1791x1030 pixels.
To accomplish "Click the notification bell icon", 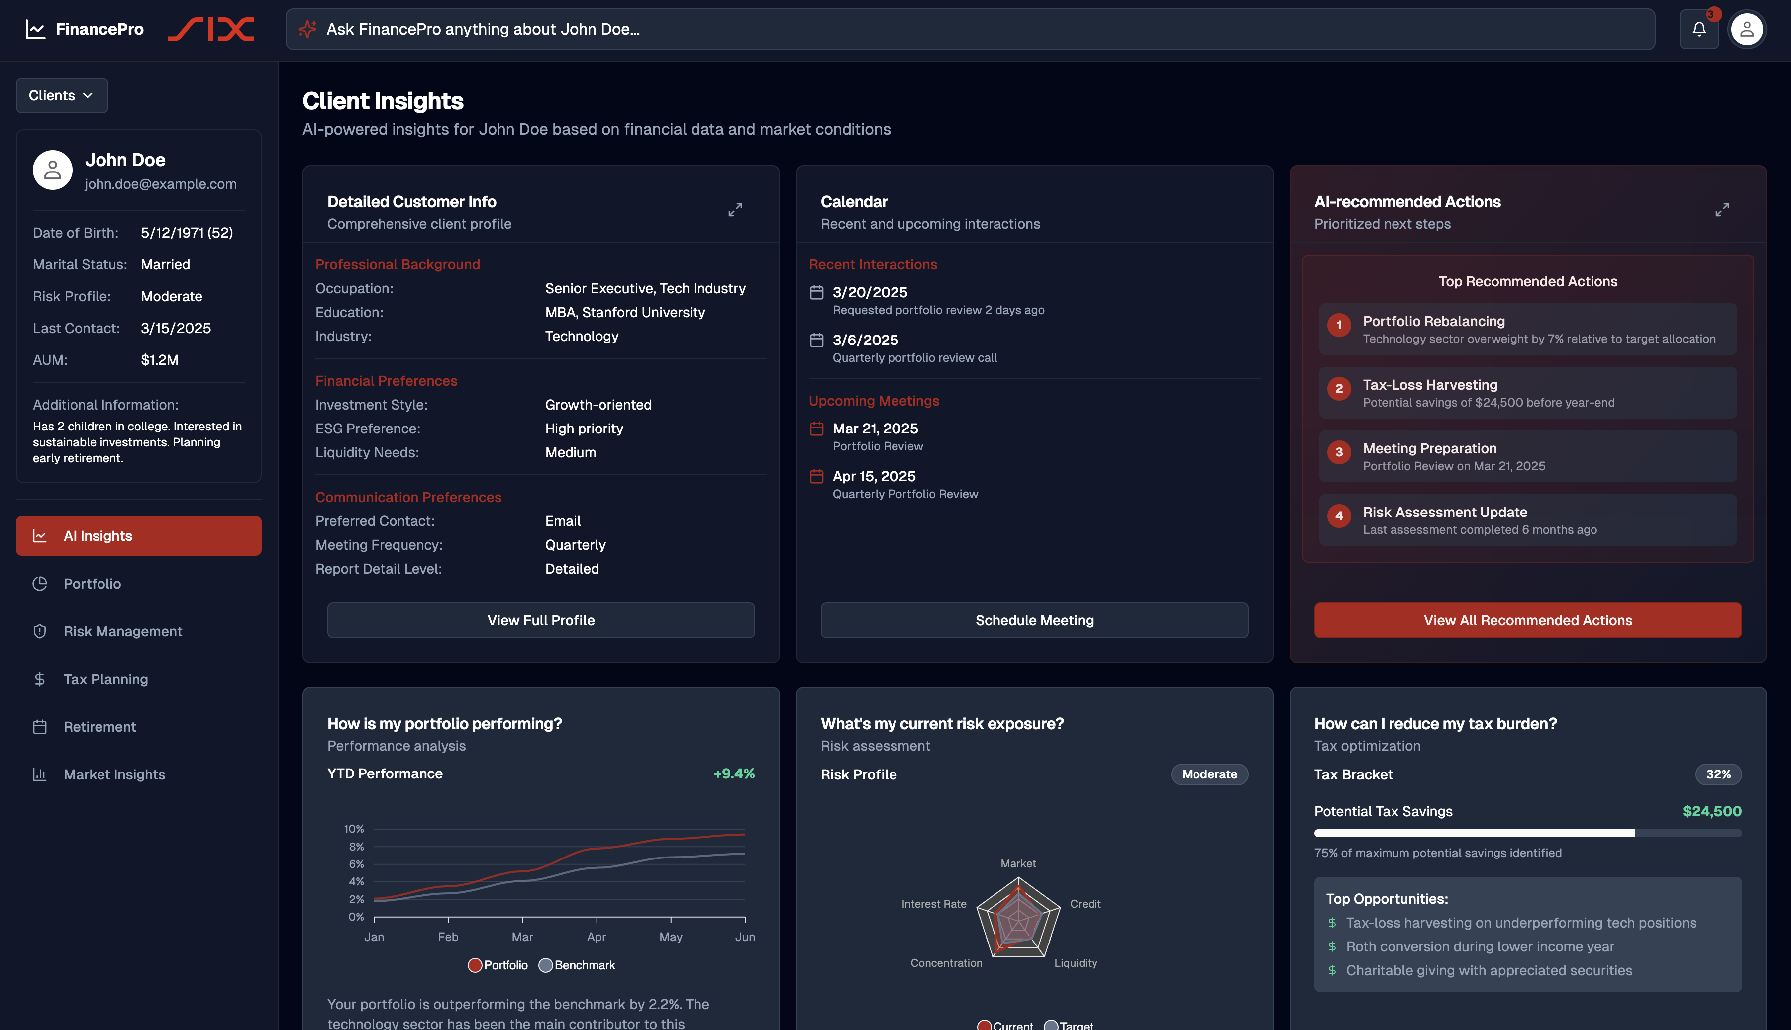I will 1698,29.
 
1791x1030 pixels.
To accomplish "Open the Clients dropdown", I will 62,95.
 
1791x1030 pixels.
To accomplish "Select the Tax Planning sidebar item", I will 105,679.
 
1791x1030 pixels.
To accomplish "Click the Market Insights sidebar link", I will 114,774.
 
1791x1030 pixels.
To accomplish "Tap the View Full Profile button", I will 540,620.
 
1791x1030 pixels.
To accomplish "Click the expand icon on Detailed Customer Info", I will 735,210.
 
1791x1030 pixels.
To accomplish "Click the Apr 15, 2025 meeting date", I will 874,476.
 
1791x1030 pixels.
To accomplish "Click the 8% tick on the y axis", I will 356,847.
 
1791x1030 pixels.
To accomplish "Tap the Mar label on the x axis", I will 522,937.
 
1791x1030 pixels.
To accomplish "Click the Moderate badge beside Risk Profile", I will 1208,774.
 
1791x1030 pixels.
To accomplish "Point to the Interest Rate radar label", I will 933,904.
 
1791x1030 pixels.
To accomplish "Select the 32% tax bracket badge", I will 1717,774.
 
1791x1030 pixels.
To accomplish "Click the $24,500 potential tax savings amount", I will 1711,811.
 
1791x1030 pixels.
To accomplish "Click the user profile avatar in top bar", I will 1746,29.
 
